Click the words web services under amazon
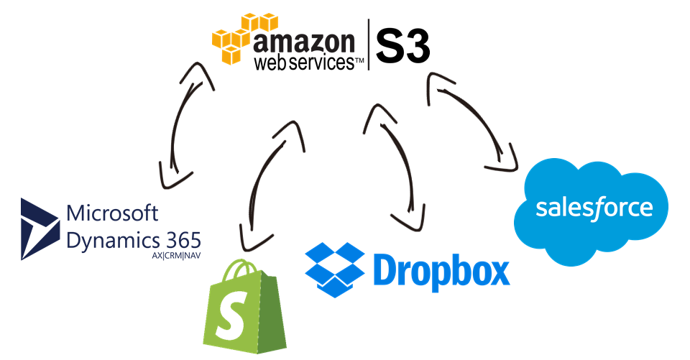[x=302, y=63]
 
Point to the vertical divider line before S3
[x=369, y=45]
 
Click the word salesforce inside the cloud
[x=594, y=208]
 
